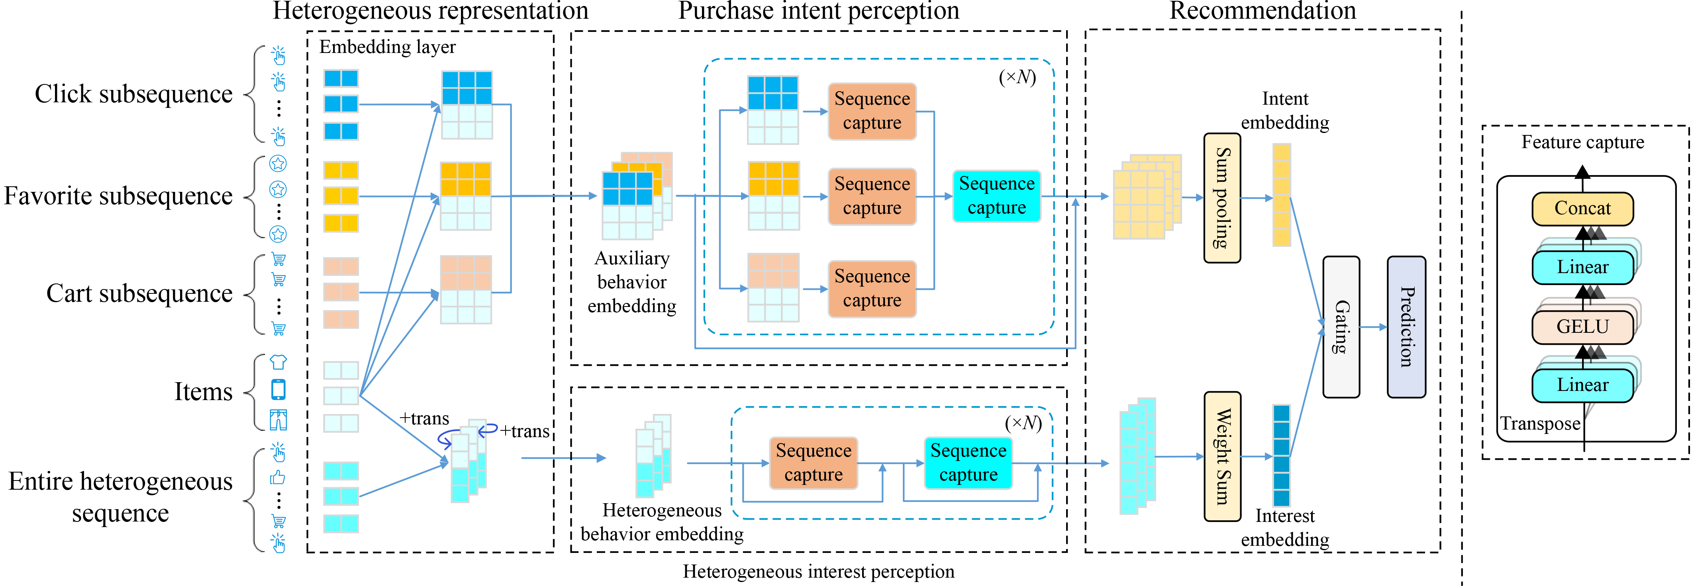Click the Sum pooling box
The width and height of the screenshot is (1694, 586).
pyautogui.click(x=1222, y=198)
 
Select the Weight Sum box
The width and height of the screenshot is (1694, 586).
pyautogui.click(x=1222, y=457)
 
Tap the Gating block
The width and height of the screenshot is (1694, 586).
pyautogui.click(x=1341, y=326)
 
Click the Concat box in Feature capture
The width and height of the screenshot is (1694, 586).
pyautogui.click(x=1582, y=208)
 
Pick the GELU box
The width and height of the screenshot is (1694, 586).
pyautogui.click(x=1582, y=326)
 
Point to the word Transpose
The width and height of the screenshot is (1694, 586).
pyautogui.click(x=1539, y=424)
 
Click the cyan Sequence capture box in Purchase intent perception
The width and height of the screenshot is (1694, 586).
pyautogui.click(x=996, y=196)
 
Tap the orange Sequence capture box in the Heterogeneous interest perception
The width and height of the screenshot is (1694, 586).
pyautogui.click(x=814, y=463)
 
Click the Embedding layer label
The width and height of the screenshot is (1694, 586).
pyautogui.click(x=387, y=47)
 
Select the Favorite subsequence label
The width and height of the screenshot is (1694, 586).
pyautogui.click(x=118, y=196)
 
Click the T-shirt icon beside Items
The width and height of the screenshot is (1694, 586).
pyautogui.click(x=278, y=362)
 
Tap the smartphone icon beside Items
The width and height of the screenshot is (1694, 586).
pyautogui.click(x=278, y=390)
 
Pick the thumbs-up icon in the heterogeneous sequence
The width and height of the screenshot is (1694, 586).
pyautogui.click(x=278, y=478)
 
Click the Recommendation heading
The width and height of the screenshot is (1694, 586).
pyautogui.click(x=1262, y=11)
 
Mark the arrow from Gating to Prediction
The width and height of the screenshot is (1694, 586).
pyautogui.click(x=1373, y=326)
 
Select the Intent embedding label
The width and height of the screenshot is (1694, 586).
pyautogui.click(x=1284, y=110)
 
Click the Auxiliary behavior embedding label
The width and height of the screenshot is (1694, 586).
pyautogui.click(x=632, y=282)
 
